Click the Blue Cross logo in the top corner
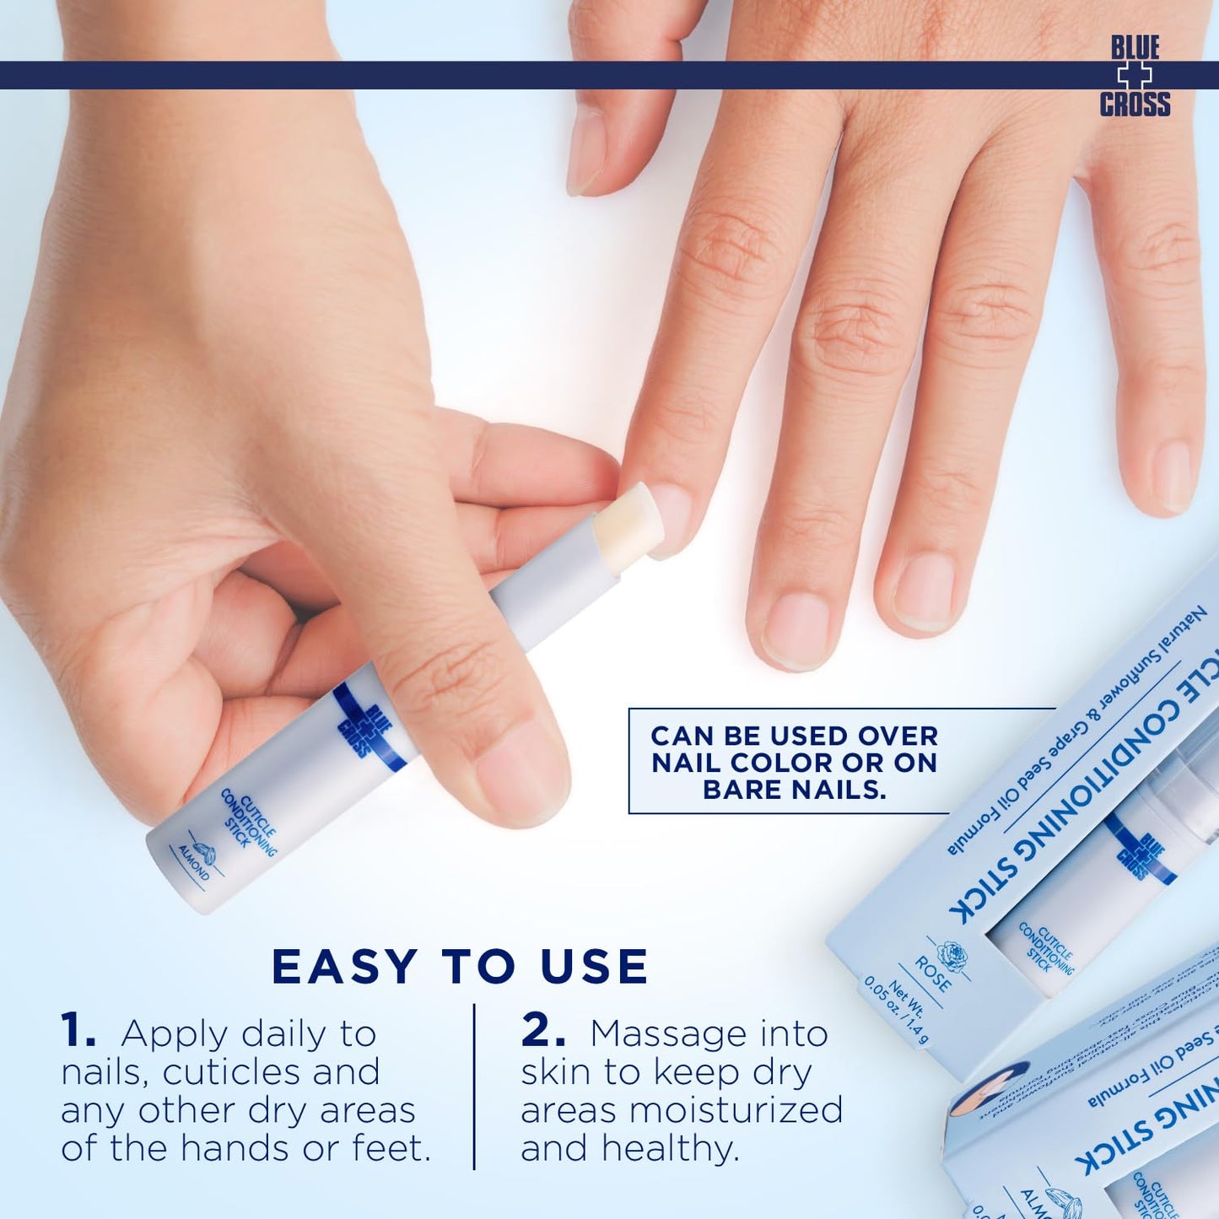tap(1135, 76)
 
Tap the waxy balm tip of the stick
tap(628, 527)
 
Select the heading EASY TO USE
tap(460, 967)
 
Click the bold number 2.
tap(542, 1033)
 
